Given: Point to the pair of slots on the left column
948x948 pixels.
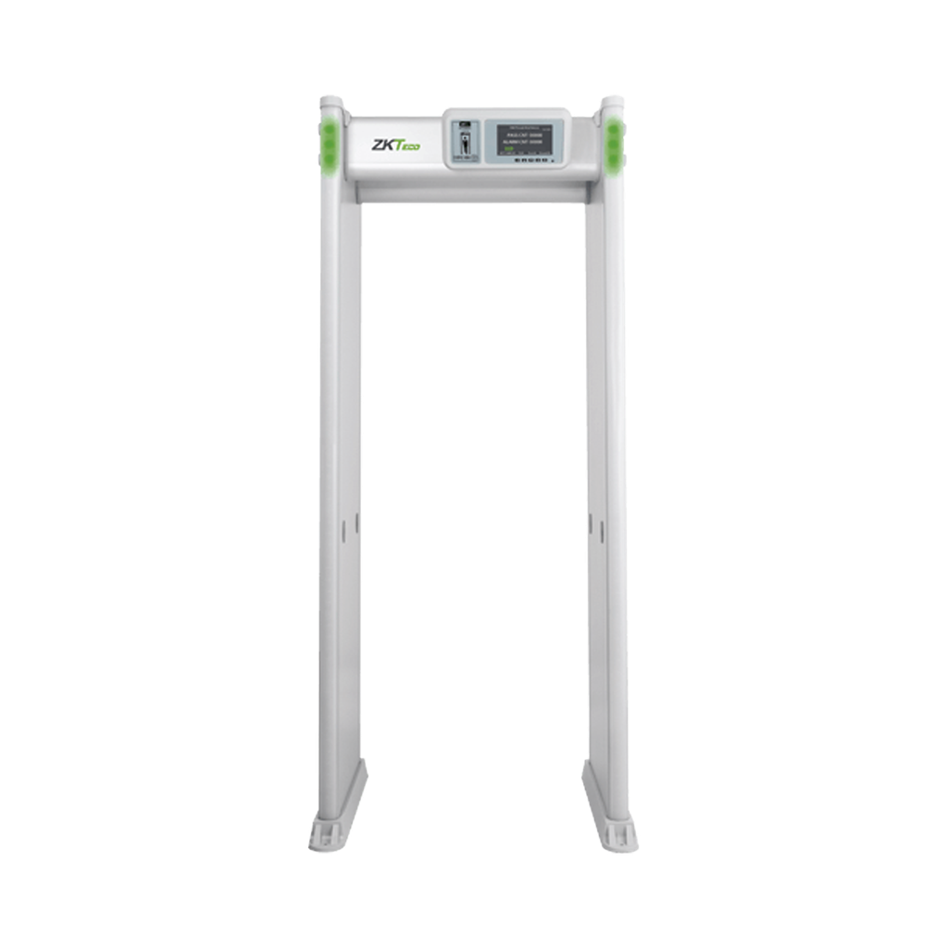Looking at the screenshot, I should point(351,529).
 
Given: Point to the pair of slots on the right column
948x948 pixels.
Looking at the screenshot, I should point(596,529).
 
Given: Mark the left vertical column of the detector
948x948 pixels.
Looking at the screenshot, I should point(339,463).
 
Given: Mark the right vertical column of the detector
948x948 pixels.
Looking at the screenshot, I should point(605,463).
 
